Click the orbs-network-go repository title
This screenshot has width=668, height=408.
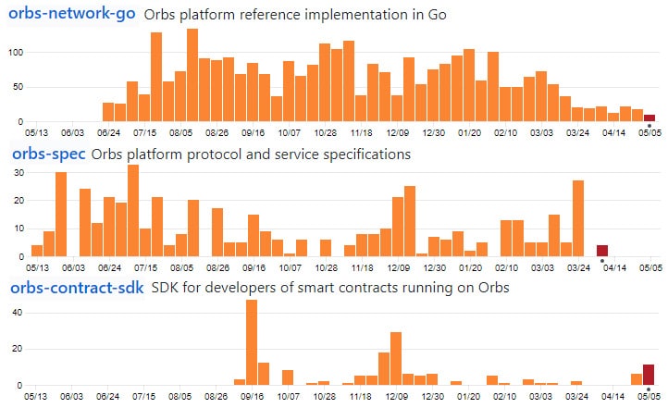(x=73, y=15)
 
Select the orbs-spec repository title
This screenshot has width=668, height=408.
(x=48, y=155)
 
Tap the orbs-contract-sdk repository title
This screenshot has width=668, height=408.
(x=77, y=288)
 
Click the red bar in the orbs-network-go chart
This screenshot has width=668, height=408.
(x=649, y=117)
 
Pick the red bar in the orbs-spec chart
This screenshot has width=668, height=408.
(x=602, y=251)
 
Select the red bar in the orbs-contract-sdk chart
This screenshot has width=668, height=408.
(x=649, y=375)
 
